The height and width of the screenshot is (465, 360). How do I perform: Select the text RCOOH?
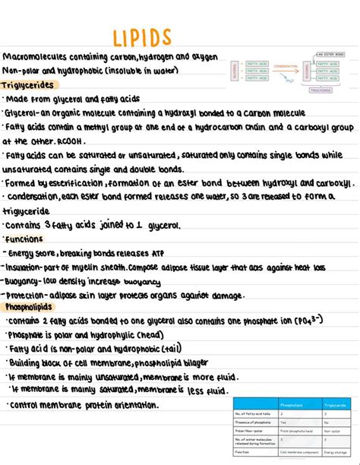click(x=71, y=141)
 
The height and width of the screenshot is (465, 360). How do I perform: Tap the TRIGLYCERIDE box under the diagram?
click(x=321, y=90)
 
